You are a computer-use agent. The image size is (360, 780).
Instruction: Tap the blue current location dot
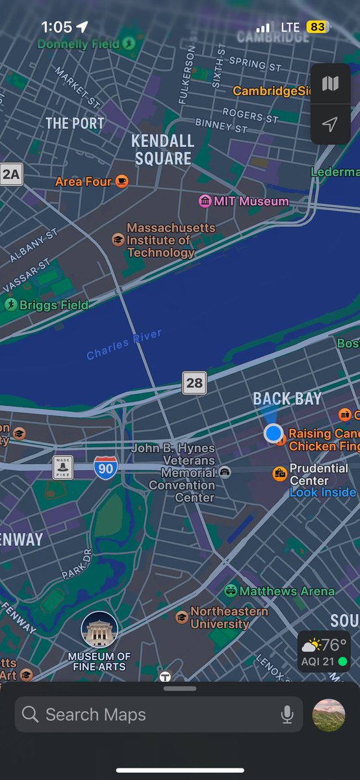click(274, 433)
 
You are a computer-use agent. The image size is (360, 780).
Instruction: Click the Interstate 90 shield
click(105, 467)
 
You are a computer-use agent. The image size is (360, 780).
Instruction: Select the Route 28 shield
click(194, 383)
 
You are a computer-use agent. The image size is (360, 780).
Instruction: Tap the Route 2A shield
click(11, 174)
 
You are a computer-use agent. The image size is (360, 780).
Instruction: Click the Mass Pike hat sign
click(62, 467)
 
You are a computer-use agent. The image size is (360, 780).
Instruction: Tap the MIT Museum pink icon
click(205, 201)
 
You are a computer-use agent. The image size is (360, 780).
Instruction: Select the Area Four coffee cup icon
click(122, 181)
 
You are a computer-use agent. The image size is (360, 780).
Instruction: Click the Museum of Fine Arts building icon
click(99, 629)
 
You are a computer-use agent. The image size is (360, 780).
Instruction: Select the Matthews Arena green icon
click(231, 591)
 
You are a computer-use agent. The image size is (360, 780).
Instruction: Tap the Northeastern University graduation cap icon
click(182, 617)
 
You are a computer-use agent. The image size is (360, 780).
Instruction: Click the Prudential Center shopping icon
click(279, 473)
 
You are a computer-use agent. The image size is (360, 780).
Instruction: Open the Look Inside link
click(322, 492)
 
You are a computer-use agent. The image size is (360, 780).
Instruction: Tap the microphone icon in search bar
click(287, 715)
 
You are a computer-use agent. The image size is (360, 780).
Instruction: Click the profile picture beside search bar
click(329, 715)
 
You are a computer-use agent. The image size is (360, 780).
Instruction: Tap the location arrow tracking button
click(331, 124)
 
